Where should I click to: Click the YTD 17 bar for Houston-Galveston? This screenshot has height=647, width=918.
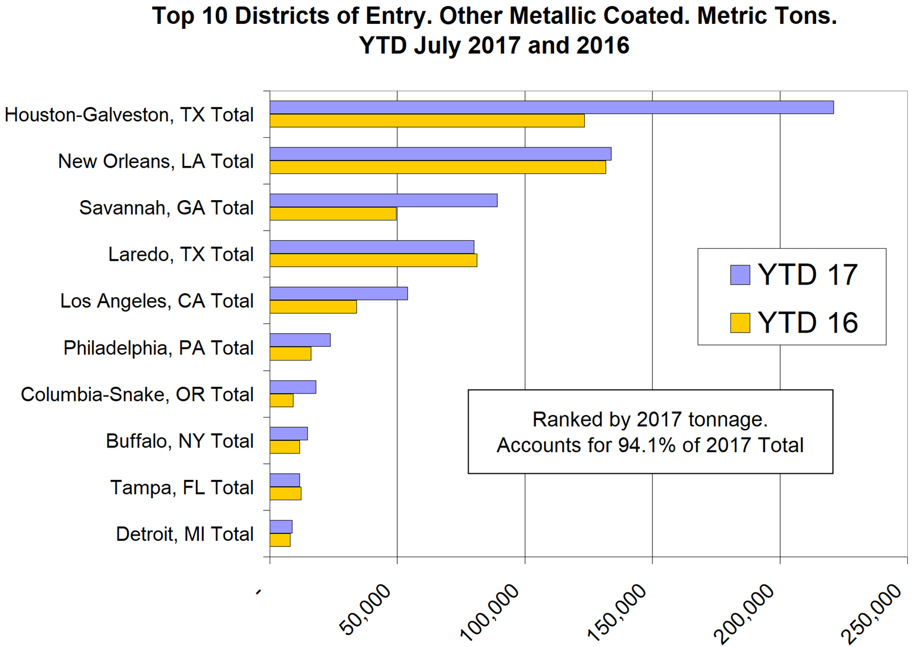pos(551,107)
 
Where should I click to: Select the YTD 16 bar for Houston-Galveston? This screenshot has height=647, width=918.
pos(427,120)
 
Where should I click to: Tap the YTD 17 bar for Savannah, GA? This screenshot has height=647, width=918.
pos(383,201)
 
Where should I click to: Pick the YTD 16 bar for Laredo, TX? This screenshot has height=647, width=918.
pos(373,261)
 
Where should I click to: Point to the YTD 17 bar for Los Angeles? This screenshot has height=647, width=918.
pos(339,294)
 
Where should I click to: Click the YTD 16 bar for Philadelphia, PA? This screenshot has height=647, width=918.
pos(291,354)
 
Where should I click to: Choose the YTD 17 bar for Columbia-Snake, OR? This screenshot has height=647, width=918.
pos(293,387)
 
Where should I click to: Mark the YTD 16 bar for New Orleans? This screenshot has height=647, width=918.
pos(437,167)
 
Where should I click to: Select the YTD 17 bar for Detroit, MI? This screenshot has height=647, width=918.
pos(281,527)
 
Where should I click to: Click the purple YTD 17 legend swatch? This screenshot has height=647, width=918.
pos(740,275)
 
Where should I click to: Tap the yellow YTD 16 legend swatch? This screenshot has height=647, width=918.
pos(740,323)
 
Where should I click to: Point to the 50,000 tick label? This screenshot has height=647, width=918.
pos(366,609)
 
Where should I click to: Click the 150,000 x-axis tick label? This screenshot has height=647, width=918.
pos(621,609)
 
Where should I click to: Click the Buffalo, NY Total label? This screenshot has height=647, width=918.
pos(180,441)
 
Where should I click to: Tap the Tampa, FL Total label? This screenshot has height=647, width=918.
pos(182,488)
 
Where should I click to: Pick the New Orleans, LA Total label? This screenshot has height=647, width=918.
pos(156,161)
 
